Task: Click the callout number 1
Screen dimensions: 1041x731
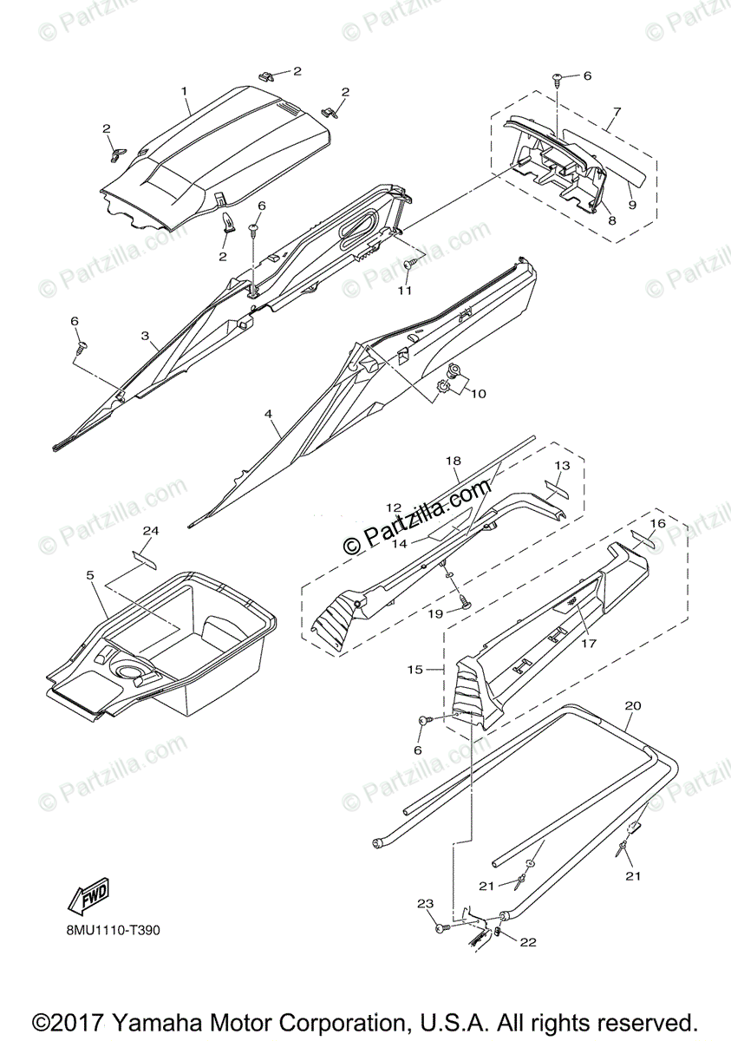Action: (184, 90)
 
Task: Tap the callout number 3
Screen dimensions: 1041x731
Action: (145, 335)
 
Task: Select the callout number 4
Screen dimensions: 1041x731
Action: (270, 415)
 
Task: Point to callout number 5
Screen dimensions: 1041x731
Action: (90, 574)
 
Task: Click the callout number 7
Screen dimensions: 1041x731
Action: (616, 112)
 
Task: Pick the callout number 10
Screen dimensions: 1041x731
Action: (478, 393)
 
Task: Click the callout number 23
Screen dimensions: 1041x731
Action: (424, 904)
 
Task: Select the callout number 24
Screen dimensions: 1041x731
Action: (151, 530)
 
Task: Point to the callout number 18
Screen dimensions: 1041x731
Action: (453, 462)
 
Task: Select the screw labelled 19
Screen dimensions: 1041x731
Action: (463, 604)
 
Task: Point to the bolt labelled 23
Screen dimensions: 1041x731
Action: (443, 928)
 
